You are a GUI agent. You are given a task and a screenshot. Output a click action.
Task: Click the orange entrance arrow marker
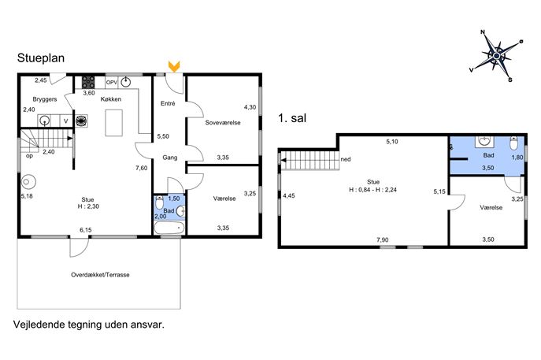coord(174,67)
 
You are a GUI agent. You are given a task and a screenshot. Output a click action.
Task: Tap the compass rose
coord(496,56)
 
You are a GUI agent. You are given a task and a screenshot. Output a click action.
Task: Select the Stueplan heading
coord(41,58)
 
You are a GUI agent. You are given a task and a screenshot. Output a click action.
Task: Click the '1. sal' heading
coord(292,118)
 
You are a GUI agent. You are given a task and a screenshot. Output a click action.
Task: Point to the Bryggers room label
coord(45,99)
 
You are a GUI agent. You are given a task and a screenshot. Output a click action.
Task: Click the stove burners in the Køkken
coord(88,82)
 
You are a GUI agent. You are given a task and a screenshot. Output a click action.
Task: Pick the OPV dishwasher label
coord(112,83)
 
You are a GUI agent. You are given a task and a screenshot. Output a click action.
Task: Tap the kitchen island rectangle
coord(114,123)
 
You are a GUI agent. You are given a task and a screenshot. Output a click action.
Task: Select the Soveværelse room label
coord(223,123)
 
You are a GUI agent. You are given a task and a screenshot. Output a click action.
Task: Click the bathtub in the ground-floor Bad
coord(169,228)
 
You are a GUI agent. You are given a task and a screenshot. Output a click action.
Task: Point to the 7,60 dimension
coord(142,168)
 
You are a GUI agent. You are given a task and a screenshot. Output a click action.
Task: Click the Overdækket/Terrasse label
coord(100,275)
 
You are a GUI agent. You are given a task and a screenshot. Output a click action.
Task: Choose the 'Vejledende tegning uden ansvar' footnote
coord(89,325)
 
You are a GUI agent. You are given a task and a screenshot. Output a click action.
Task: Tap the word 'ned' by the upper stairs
coord(346,159)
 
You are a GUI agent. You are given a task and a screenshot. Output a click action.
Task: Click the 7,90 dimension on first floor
coord(382,239)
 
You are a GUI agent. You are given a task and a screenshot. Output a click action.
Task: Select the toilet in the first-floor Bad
coord(514,143)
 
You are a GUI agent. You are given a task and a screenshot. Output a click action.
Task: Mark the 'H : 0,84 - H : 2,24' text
coord(373,190)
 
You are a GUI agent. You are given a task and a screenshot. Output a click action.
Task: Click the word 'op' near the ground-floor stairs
coord(30,156)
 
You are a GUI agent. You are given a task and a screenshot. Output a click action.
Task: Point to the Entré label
coord(168,103)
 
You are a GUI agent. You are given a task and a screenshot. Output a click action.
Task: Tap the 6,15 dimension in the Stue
coord(86,230)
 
